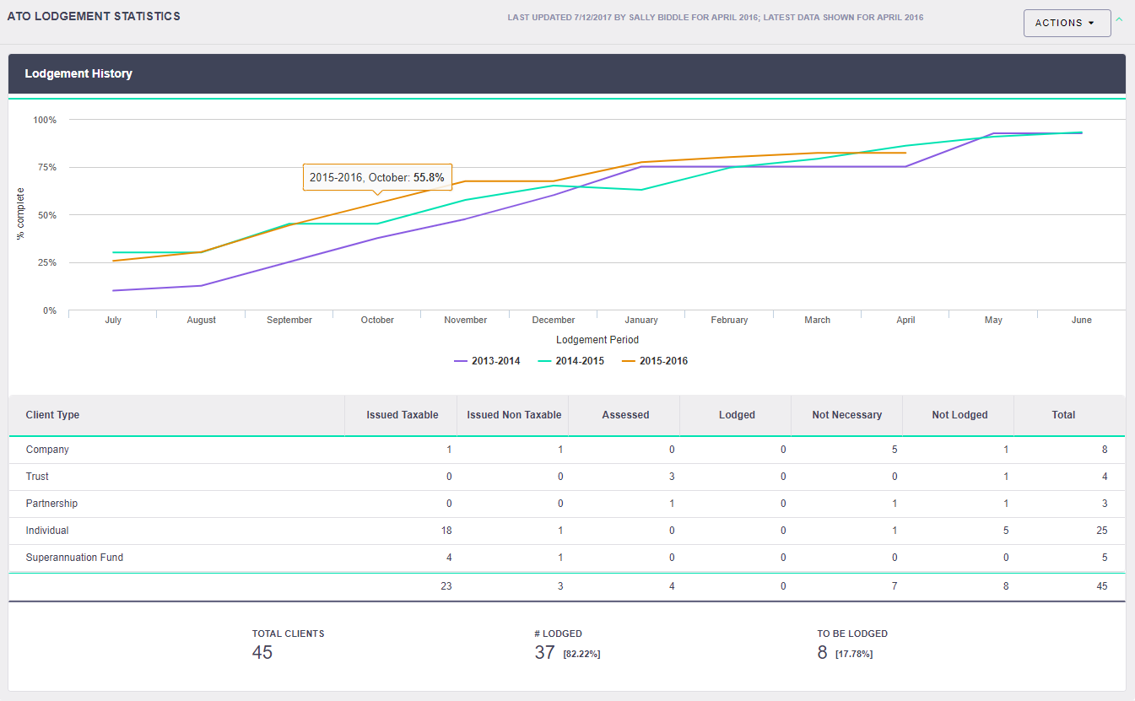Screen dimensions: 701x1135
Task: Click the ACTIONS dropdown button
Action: (1066, 23)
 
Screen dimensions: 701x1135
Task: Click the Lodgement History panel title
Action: (78, 73)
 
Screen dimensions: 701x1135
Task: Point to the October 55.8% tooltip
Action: (377, 178)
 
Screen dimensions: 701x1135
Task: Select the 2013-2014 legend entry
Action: (487, 361)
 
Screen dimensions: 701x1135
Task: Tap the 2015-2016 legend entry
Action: (655, 361)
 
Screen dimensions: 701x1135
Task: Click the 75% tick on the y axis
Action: (45, 167)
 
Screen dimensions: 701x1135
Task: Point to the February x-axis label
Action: (729, 320)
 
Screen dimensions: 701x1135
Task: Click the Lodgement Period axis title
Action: (597, 340)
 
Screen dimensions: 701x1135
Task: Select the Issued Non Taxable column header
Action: (514, 415)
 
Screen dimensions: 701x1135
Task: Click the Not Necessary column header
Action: (846, 415)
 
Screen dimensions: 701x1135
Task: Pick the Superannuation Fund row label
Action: (74, 558)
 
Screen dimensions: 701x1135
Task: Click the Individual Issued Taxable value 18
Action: (446, 531)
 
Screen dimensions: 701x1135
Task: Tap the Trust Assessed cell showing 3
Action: (672, 477)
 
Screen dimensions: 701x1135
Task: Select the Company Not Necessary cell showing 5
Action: (894, 450)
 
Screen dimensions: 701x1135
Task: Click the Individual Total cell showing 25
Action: (1101, 531)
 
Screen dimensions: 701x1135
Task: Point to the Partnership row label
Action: (51, 504)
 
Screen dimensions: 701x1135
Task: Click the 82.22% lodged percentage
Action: (581, 654)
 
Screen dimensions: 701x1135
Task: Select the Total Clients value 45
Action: (262, 652)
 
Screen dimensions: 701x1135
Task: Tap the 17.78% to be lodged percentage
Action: (854, 654)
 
